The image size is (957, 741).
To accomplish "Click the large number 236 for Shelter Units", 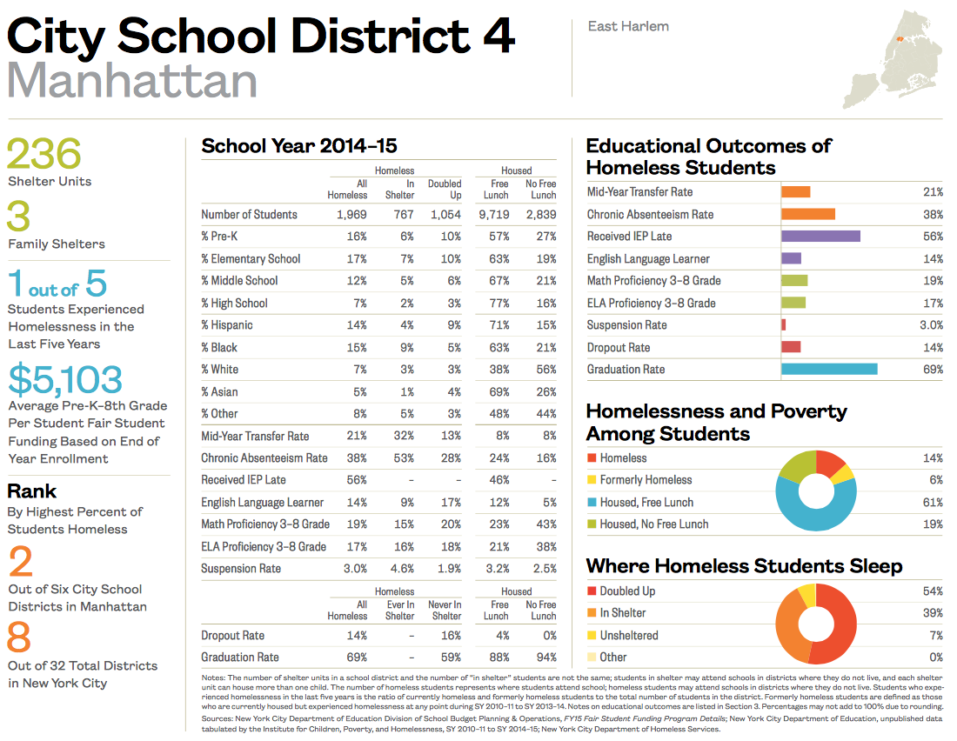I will click(44, 155).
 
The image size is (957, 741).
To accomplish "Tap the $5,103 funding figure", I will click(65, 379).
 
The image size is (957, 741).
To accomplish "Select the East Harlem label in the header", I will click(628, 26).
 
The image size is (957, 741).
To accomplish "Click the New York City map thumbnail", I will click(893, 57).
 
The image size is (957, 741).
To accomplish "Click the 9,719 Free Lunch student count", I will click(493, 215).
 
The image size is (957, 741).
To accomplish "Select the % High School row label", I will click(234, 304).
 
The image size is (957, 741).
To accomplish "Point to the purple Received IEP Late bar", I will click(820, 237).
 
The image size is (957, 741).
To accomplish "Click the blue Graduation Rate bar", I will click(829, 370).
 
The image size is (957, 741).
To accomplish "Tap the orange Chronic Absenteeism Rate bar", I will click(808, 214).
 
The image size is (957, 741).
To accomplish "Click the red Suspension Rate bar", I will click(784, 325).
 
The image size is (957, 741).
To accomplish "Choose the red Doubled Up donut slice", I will click(840, 624).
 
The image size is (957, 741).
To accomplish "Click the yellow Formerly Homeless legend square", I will click(592, 480).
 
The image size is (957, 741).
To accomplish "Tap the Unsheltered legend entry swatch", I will click(592, 636).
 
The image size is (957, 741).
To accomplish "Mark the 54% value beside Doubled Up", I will click(932, 591).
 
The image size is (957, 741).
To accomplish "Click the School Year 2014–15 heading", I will click(299, 146).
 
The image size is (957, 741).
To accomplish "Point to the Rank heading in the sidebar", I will click(32, 491).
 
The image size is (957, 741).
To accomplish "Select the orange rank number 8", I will click(19, 638).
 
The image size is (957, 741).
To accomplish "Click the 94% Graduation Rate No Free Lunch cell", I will click(544, 658).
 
